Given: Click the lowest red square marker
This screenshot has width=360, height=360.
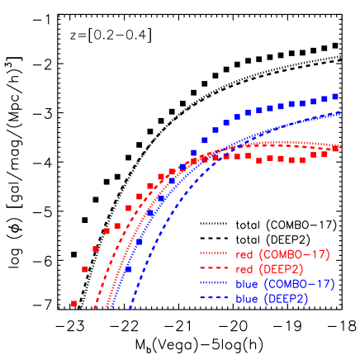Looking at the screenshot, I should tap(73, 304).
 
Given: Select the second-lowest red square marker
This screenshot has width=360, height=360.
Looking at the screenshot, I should tap(85, 269).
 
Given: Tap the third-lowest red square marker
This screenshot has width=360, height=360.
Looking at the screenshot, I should tap(96, 249).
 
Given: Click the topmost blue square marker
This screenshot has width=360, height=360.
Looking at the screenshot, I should tap(335, 96).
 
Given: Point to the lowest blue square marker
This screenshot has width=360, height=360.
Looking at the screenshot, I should tap(128, 269).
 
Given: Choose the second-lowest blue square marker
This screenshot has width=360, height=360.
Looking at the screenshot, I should tap(139, 242).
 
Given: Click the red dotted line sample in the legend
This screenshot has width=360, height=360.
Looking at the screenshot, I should tap(213, 253).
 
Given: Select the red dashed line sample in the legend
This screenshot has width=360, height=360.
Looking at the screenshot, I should tap(213, 269).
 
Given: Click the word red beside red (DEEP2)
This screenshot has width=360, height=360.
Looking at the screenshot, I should tap(244, 269).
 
